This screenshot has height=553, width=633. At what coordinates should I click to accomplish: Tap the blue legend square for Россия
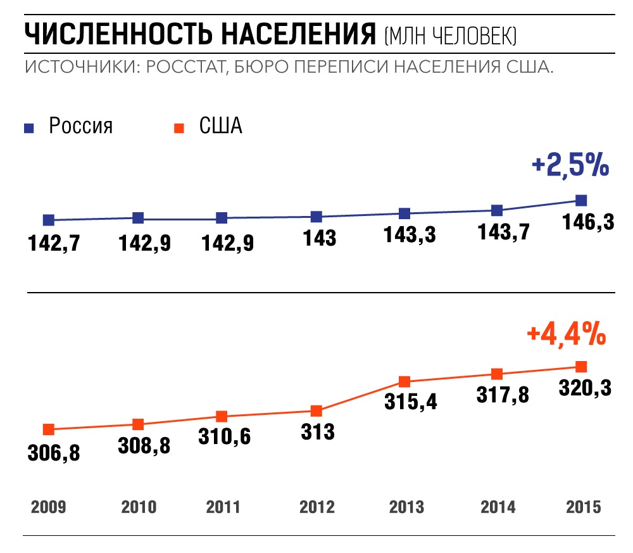pyautogui.click(x=29, y=128)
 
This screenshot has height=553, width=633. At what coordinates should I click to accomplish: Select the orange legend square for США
pyautogui.click(x=179, y=128)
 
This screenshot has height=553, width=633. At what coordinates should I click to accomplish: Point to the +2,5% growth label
pyautogui.click(x=570, y=166)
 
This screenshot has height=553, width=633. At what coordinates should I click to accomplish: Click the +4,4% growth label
pyautogui.click(x=566, y=334)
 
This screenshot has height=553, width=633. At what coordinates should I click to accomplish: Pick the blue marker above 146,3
pyautogui.click(x=581, y=201)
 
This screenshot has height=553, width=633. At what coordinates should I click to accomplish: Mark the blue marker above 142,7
pyautogui.click(x=49, y=220)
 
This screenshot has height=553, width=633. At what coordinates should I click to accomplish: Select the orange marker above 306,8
pyautogui.click(x=48, y=429)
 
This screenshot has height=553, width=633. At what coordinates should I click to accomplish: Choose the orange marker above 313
pyautogui.click(x=316, y=411)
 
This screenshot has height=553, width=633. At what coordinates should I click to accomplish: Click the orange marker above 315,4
pyautogui.click(x=405, y=382)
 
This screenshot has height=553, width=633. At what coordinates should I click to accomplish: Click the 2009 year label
pyautogui.click(x=48, y=507)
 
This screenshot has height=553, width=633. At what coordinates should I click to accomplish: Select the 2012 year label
pyautogui.click(x=316, y=507)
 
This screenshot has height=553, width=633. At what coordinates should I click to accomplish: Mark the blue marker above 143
pyautogui.click(x=317, y=217)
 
